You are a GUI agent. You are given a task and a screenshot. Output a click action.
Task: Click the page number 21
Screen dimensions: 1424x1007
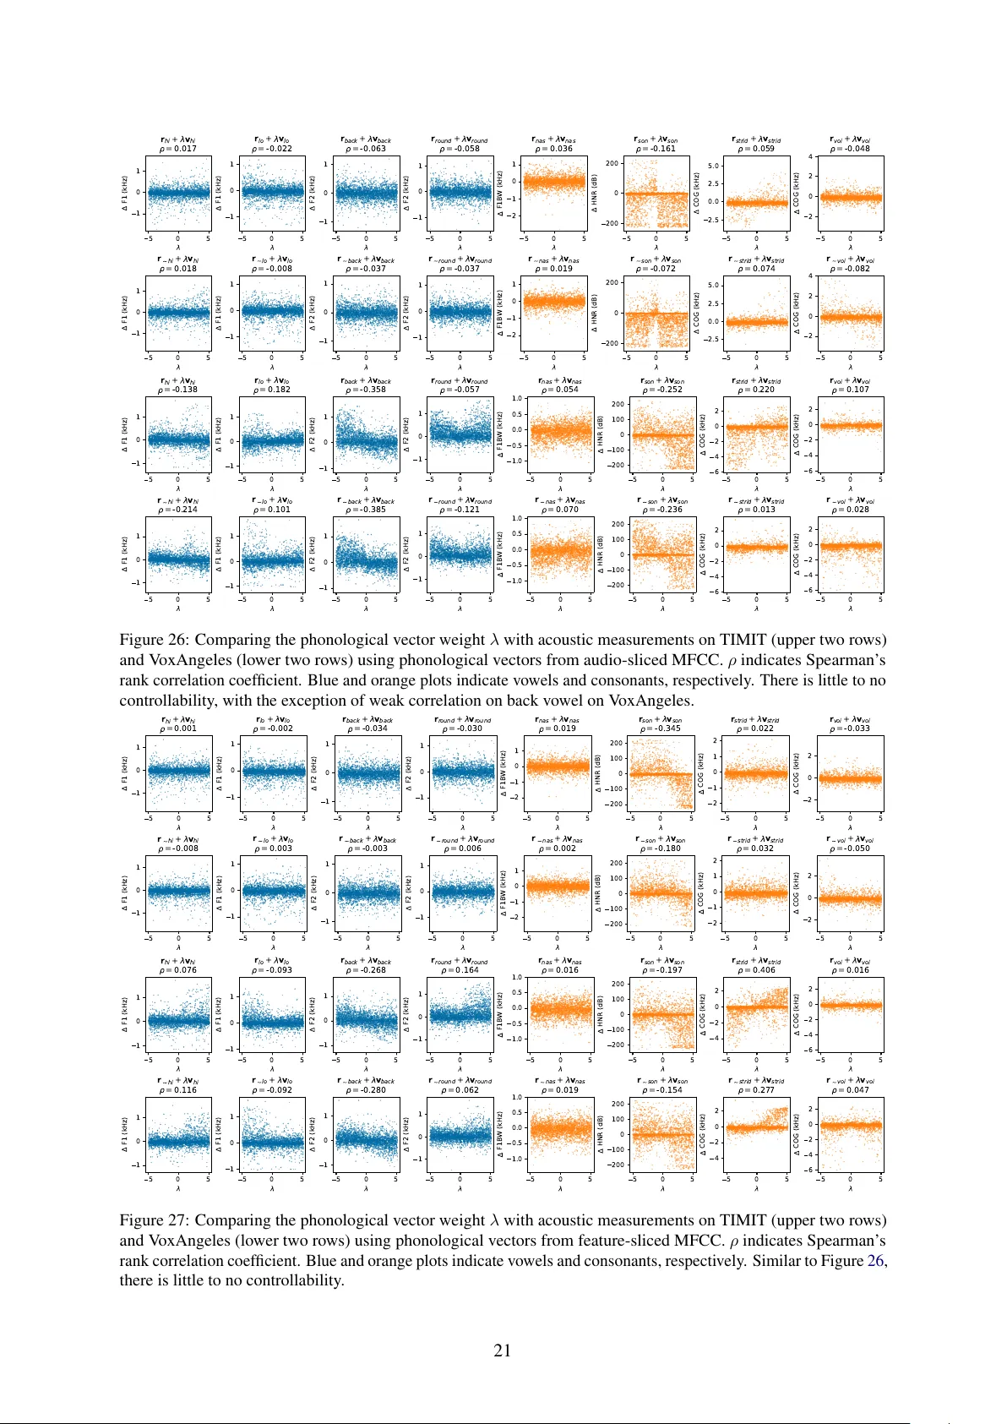coord(502,1350)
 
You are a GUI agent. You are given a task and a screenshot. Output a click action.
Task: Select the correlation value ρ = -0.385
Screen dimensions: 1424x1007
coord(366,510)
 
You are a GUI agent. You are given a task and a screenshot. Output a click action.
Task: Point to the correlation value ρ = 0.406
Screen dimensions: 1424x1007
coord(756,970)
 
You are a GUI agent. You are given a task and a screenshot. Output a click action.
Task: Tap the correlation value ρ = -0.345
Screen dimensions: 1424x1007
coord(661,728)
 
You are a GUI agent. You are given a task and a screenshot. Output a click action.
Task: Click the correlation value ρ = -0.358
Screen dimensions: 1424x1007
coord(366,390)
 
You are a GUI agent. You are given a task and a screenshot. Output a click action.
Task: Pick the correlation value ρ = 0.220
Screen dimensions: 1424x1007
coord(756,390)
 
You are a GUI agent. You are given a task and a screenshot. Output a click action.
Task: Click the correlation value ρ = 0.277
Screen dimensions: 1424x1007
coord(756,1090)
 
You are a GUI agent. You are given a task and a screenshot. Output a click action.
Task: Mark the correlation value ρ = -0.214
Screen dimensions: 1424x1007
coord(177,510)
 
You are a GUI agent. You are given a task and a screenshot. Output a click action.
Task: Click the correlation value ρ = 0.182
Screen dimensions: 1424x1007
coord(272,390)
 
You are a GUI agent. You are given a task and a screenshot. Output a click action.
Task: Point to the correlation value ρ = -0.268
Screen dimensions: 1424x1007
coord(366,970)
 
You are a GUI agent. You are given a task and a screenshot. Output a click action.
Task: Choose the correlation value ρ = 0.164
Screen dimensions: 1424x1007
coord(460,970)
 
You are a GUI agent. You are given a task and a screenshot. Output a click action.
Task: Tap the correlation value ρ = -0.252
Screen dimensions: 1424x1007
coord(662,390)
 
